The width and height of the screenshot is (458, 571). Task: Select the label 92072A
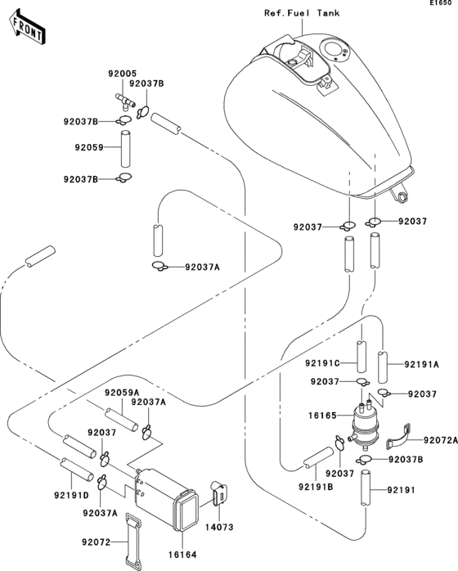coord(438,439)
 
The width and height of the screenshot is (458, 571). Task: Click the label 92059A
coord(121,391)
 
